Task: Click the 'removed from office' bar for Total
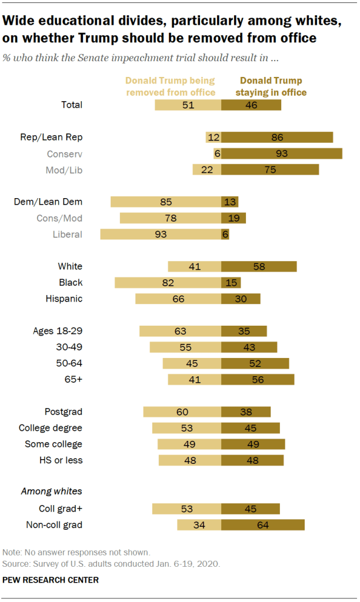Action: pos(188,105)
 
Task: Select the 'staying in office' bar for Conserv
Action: pos(282,153)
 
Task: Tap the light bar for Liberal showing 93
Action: pos(161,234)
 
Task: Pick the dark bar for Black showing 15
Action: pos(231,282)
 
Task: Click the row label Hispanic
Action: pos(64,299)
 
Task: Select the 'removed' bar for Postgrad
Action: pos(182,412)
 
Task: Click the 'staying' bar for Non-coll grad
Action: pos(263,524)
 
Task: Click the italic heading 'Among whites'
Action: pos(51,491)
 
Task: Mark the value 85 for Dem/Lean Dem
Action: pos(166,202)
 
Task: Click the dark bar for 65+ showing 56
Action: pos(258,379)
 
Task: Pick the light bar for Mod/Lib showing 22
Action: pos(207,169)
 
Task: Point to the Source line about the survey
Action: pos(111,563)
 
